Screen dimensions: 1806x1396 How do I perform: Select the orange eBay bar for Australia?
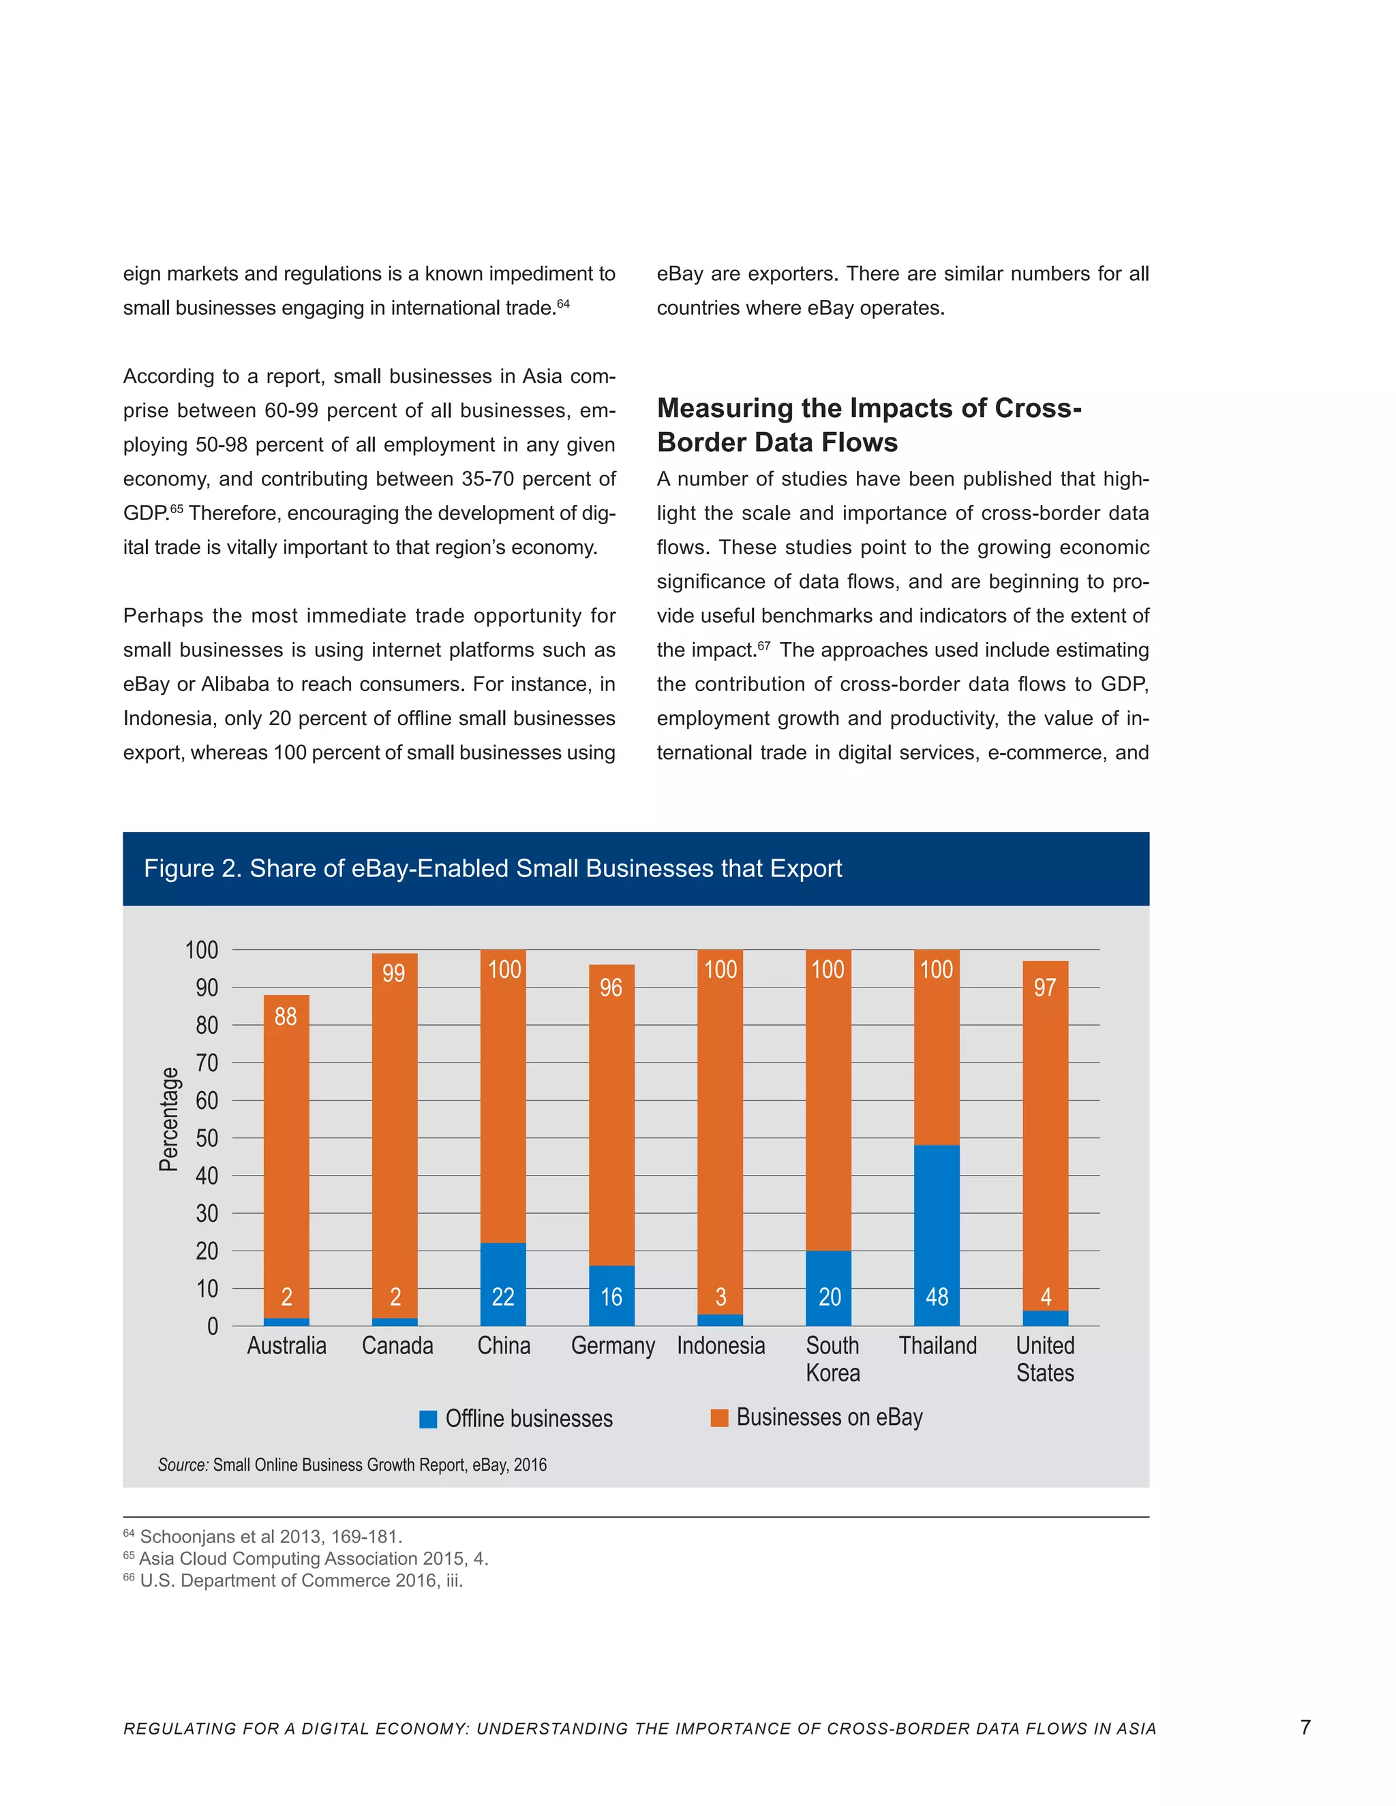(286, 1158)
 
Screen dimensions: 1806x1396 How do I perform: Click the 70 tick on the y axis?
(207, 1062)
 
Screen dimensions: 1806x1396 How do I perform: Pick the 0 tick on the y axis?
(213, 1326)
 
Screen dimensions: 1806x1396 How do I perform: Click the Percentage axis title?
(169, 1119)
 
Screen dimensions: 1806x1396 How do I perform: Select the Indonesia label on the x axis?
(720, 1345)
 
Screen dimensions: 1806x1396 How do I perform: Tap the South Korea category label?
(833, 1359)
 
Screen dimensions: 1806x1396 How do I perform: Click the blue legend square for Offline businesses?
(427, 1419)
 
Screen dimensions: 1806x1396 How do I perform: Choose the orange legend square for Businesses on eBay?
(720, 1418)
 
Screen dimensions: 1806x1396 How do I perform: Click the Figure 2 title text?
(492, 868)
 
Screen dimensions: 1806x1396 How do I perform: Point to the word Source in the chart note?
(182, 1465)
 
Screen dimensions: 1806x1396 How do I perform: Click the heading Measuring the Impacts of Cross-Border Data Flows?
(868, 425)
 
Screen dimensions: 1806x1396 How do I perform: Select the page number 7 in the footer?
(1305, 1727)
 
